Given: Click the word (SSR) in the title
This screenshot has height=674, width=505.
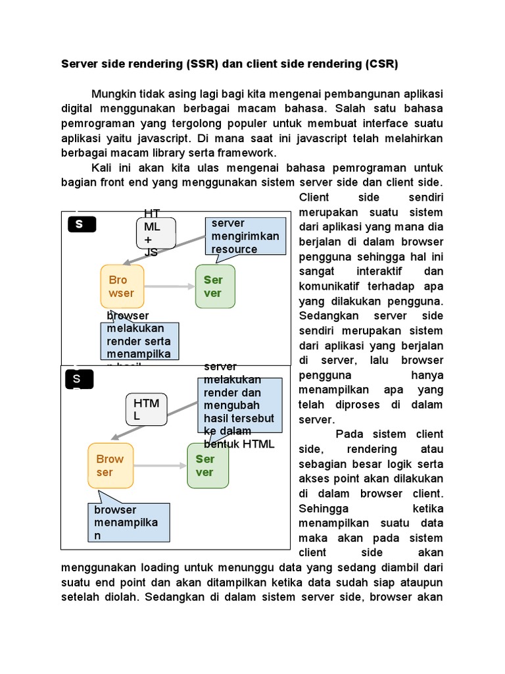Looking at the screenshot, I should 202,65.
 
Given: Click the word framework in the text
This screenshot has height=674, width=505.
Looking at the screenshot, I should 248,153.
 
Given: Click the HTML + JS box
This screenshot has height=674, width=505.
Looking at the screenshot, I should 156,233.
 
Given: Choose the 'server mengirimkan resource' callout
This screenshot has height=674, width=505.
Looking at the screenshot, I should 245,236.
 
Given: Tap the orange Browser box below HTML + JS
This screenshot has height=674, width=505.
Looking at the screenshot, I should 122,286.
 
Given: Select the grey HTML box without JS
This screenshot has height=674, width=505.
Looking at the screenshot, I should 146,409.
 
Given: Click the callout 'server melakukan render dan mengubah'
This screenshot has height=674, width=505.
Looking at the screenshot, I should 240,405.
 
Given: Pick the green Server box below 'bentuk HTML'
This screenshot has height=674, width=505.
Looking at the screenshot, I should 207,465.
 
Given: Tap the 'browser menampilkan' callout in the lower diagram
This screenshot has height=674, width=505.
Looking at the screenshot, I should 129,523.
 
